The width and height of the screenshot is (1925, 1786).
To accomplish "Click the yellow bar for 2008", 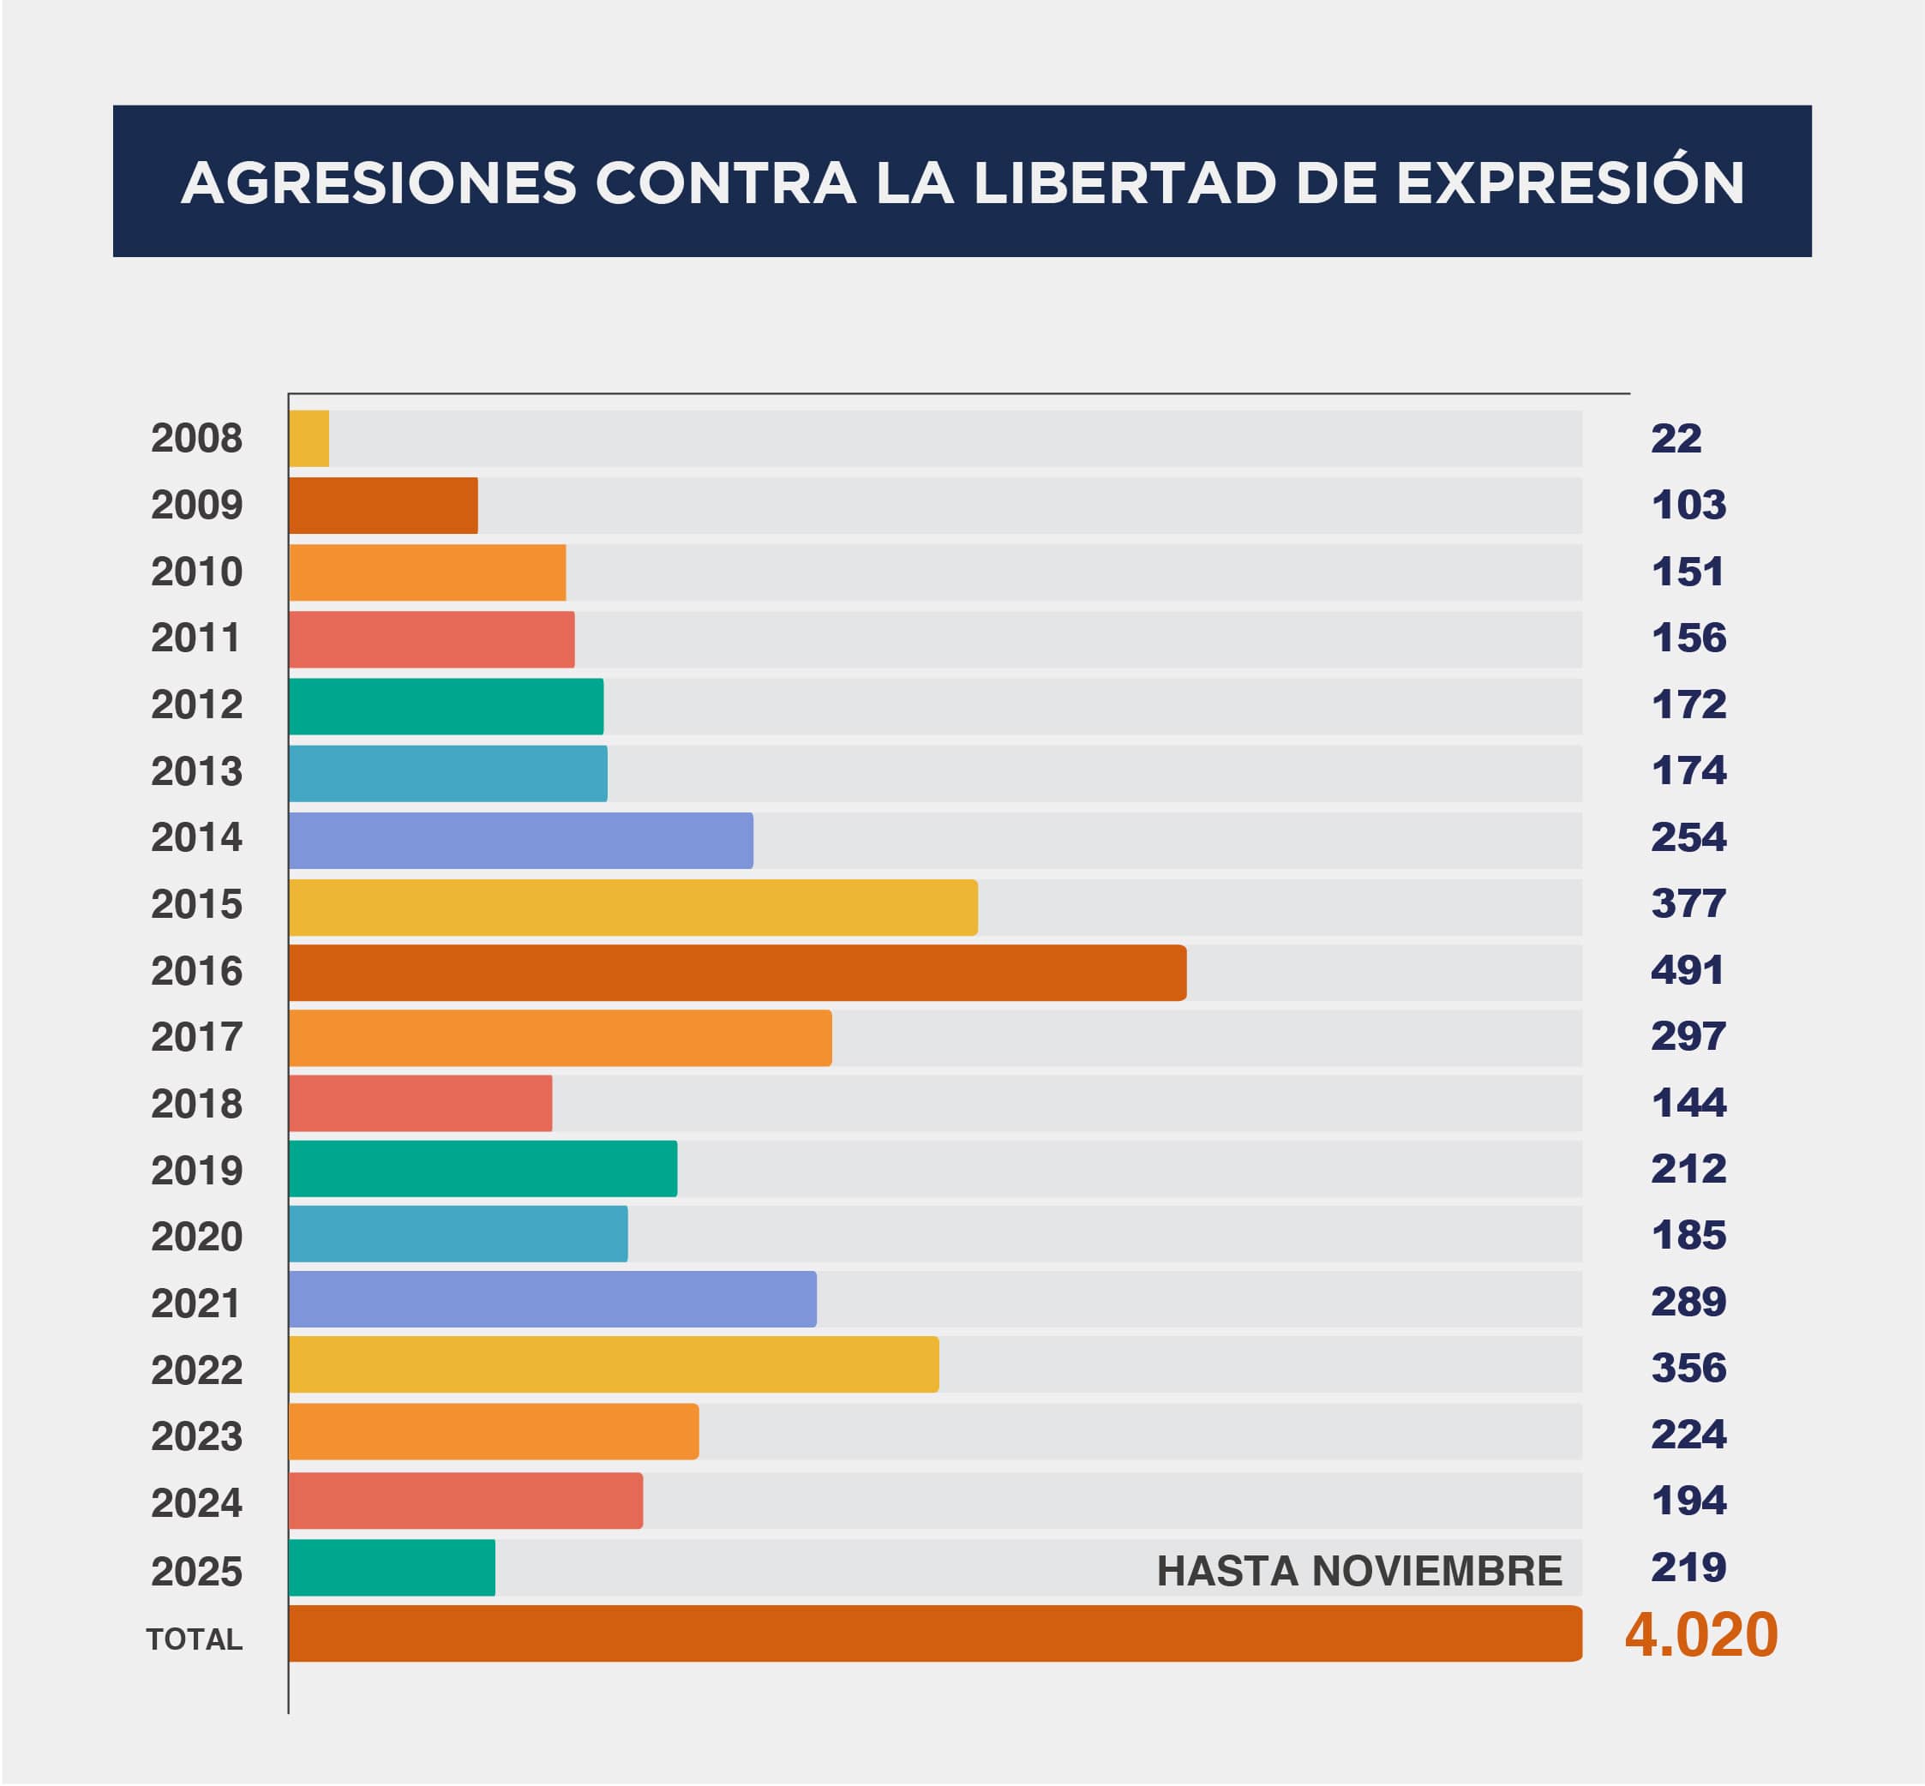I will click(x=309, y=438).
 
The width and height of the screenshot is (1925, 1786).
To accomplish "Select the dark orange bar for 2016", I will click(x=736, y=972).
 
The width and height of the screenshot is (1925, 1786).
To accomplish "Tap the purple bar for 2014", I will click(x=520, y=840).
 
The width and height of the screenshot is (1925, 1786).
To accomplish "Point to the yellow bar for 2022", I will click(x=613, y=1363).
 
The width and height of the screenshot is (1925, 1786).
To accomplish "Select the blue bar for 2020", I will click(x=458, y=1233).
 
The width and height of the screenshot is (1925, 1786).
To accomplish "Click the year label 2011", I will click(x=196, y=638).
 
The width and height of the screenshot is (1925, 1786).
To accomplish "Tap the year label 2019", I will click(x=196, y=1171).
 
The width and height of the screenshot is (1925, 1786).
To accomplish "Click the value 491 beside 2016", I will click(x=1688, y=969).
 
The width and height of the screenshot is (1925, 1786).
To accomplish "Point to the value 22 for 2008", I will click(x=1676, y=438).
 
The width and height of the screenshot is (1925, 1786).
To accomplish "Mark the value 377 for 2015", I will click(x=1688, y=902).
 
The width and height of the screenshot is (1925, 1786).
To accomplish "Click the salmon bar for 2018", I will click(x=420, y=1103).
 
